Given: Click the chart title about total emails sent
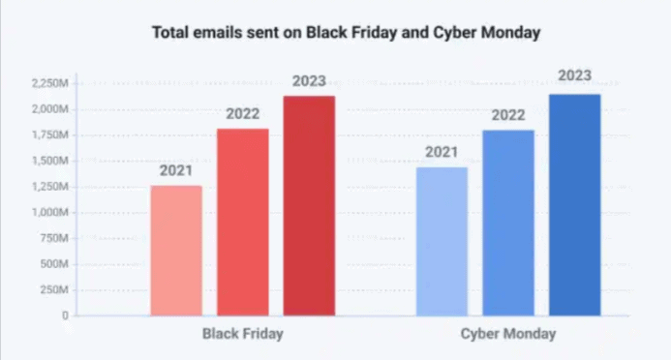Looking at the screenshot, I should click(346, 33).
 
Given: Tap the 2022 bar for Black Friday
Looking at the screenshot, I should click(242, 222).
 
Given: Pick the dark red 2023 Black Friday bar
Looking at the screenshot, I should click(309, 205).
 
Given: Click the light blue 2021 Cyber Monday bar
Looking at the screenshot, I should click(442, 241).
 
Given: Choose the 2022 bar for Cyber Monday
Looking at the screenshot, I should click(507, 223).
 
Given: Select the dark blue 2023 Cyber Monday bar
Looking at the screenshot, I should click(574, 204).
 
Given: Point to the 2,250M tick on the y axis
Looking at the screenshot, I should click(49, 84).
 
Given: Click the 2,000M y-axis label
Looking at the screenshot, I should click(49, 109).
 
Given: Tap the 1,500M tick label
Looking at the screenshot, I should click(49, 161).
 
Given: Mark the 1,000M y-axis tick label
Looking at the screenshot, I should click(49, 212).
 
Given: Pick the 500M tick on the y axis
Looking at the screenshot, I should click(54, 264).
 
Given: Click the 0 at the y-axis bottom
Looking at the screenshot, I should click(66, 315).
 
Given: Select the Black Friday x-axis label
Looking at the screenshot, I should click(243, 334).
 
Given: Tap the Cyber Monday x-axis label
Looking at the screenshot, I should click(508, 334).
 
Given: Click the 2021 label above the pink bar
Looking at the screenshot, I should click(176, 170).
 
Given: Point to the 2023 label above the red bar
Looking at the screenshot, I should click(309, 80).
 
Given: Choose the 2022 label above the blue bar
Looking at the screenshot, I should click(507, 115).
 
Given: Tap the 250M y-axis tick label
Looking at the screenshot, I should click(54, 289).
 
